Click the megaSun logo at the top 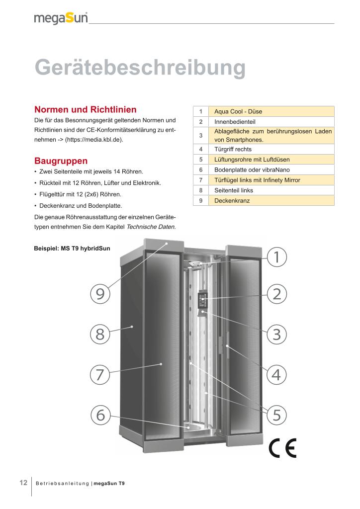(61, 18)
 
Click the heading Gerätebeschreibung (140, 68)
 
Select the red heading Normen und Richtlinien (85, 109)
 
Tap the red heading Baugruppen (61, 161)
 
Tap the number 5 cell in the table (200, 160)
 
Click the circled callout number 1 (277, 257)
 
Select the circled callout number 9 (100, 294)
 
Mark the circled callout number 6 (100, 414)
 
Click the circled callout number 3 (277, 334)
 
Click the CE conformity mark (282, 448)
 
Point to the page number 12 (23, 483)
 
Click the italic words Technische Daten (151, 227)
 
